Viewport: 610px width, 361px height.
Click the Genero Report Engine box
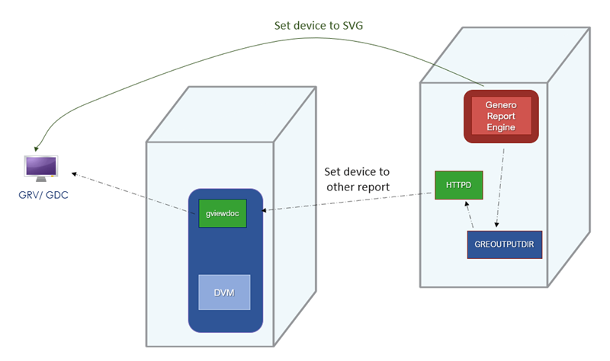point(501,116)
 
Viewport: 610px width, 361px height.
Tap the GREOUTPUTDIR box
point(504,244)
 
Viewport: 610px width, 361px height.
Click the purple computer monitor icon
point(40,167)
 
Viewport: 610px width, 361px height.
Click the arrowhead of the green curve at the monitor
point(37,147)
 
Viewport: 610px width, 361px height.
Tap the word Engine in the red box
point(501,127)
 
